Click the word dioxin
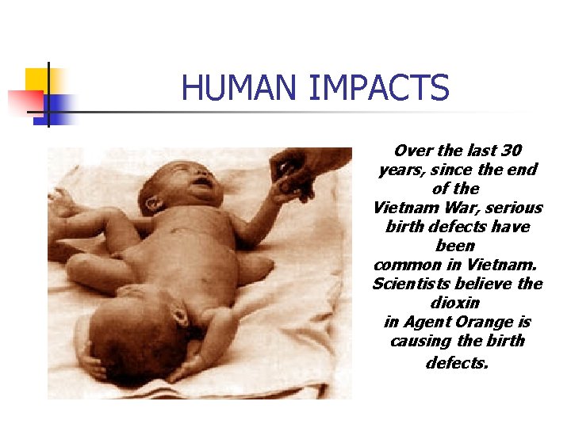pos(456,303)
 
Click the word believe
pos(485,284)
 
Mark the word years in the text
pos(400,170)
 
